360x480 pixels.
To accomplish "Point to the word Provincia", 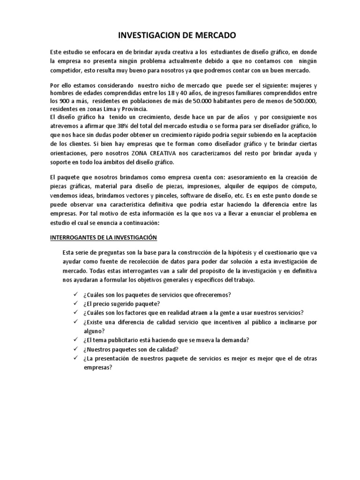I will coord(134,110).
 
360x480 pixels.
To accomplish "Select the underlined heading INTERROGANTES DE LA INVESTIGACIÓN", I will coord(104,237).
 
